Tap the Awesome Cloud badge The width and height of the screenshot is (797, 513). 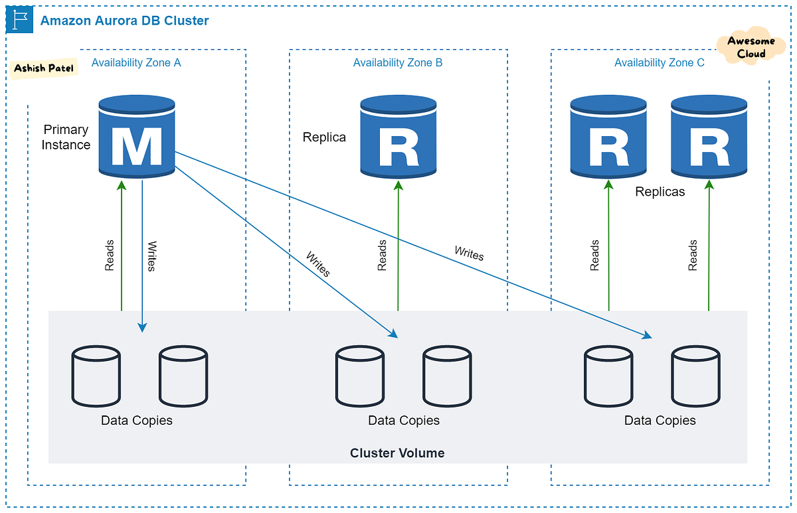coord(751,48)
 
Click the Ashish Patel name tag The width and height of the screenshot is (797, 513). coord(44,68)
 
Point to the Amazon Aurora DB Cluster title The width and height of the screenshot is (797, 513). coord(125,21)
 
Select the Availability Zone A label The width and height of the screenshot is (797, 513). coord(136,63)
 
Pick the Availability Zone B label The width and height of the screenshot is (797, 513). coord(398,63)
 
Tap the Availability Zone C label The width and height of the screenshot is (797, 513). coord(660,63)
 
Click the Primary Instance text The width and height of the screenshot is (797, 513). coord(66,137)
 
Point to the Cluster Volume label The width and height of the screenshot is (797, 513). coord(397,453)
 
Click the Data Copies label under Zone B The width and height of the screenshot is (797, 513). coord(404,421)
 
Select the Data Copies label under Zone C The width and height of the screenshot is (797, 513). coord(660,421)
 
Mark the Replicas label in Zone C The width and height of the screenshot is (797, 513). coord(660,192)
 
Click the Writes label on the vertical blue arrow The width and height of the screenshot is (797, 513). coord(152,256)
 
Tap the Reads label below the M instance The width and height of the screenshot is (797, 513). coord(110,256)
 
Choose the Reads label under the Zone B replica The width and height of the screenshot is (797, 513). coord(383,256)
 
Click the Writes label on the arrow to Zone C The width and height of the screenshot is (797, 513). coord(469,253)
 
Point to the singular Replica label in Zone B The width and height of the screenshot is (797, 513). coord(324,137)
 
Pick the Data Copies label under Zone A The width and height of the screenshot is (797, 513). coord(137,421)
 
